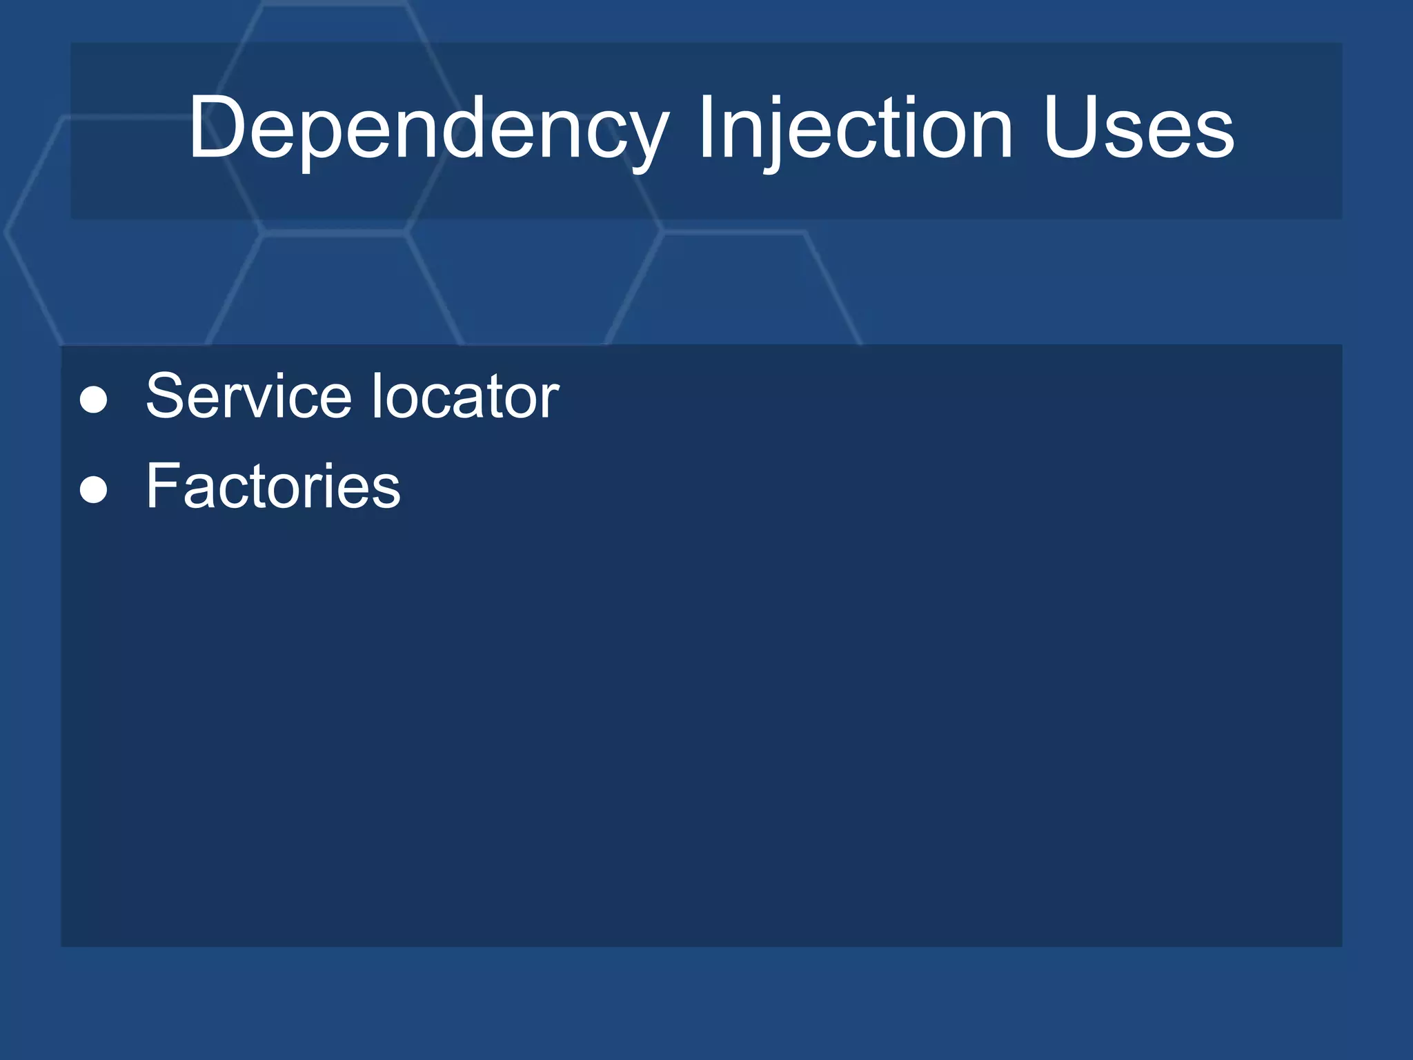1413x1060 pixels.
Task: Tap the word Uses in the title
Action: [x=1138, y=128]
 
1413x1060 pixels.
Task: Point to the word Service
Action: [x=248, y=396]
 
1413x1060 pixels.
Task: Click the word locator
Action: [x=466, y=396]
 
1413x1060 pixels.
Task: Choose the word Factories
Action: [x=273, y=487]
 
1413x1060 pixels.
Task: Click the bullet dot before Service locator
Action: [x=94, y=400]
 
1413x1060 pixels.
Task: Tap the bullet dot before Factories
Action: [x=94, y=491]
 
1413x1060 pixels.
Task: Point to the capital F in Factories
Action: [x=163, y=487]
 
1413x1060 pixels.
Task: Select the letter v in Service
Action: [x=250, y=402]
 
